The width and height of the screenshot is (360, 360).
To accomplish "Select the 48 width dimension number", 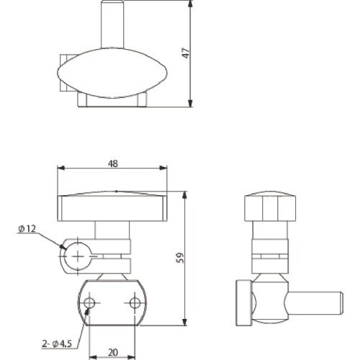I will [113, 163].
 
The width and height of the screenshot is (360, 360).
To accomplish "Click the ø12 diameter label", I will [27, 229].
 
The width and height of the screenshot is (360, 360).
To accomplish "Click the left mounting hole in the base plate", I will [89, 302].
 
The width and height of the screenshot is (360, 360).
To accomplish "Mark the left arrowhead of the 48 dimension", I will [60, 170].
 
